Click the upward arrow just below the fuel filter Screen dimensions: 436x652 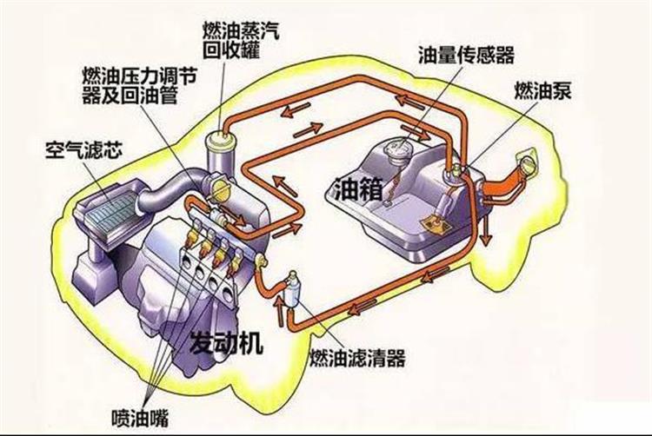(x=278, y=308)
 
